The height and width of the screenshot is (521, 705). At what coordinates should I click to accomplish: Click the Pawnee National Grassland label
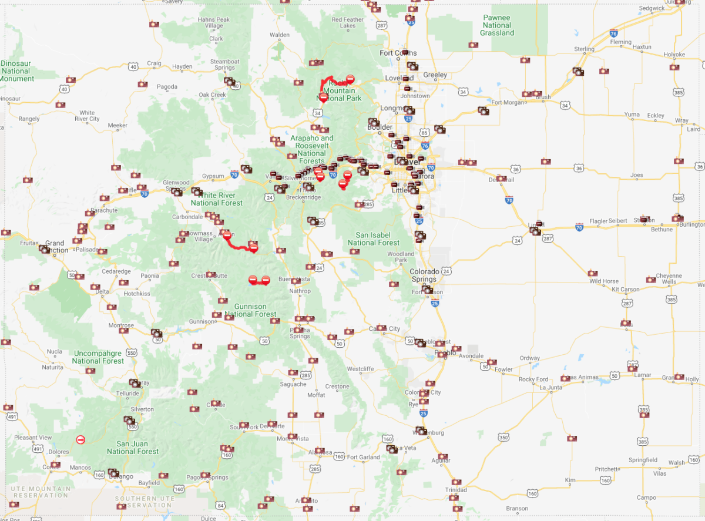(x=497, y=25)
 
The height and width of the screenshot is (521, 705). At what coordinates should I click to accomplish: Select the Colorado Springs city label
(x=424, y=275)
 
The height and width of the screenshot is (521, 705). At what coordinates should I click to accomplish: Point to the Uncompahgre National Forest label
(x=99, y=357)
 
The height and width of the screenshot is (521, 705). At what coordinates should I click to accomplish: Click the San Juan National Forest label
(x=132, y=448)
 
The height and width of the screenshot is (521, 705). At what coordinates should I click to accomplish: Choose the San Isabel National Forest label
(x=374, y=238)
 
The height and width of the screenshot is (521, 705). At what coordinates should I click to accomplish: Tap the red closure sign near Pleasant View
(x=80, y=439)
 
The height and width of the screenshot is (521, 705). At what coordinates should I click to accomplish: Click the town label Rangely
(x=29, y=119)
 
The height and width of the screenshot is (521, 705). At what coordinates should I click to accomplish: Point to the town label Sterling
(x=584, y=49)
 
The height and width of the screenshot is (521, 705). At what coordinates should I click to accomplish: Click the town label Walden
(x=280, y=35)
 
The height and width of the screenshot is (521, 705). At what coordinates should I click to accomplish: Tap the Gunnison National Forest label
(x=250, y=310)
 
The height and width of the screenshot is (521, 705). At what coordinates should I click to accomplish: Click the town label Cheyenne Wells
(x=669, y=279)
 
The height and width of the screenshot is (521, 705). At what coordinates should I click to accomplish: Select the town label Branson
(x=517, y=509)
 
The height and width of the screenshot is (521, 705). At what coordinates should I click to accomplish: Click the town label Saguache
(x=293, y=384)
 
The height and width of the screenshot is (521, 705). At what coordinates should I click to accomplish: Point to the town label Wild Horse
(x=604, y=281)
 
